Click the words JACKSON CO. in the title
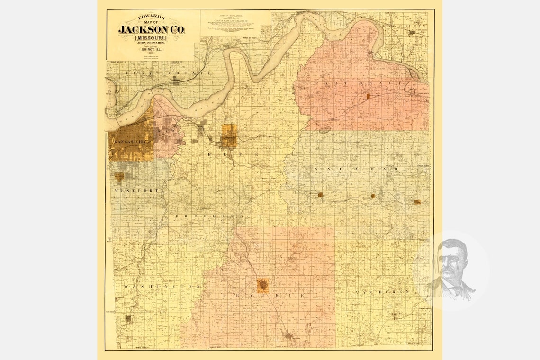(152, 30)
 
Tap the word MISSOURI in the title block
(152, 37)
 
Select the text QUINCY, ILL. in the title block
(151, 48)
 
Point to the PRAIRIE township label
(263, 295)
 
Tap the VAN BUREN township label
(381, 292)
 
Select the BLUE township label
(232, 155)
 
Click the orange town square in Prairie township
(262, 286)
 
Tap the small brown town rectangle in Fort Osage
(368, 96)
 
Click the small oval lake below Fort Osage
(325, 130)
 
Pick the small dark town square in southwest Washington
(127, 318)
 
